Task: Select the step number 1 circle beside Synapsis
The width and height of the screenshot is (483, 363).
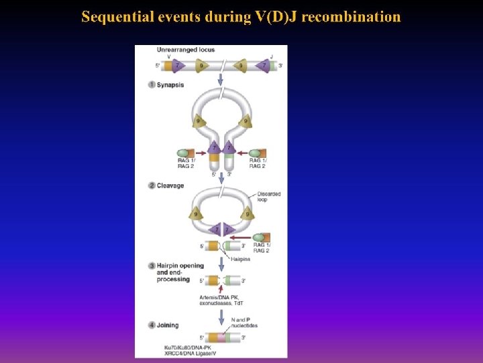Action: tap(152, 85)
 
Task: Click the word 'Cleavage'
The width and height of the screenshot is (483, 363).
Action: tap(170, 186)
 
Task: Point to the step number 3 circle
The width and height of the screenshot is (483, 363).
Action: tap(152, 266)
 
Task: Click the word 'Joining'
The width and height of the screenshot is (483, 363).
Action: tap(168, 325)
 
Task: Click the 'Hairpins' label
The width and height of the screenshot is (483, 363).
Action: tap(241, 258)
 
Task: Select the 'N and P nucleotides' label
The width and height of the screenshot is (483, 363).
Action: tap(244, 323)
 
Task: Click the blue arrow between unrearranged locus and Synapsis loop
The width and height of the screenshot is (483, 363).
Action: tap(221, 80)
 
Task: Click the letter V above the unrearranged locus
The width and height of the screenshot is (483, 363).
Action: tap(168, 56)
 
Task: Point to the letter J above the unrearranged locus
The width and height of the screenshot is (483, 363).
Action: tap(271, 56)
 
